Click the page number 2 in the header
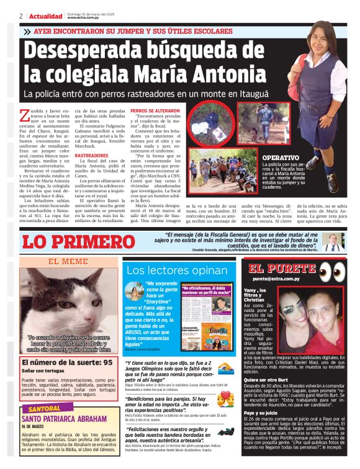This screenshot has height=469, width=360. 21,16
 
